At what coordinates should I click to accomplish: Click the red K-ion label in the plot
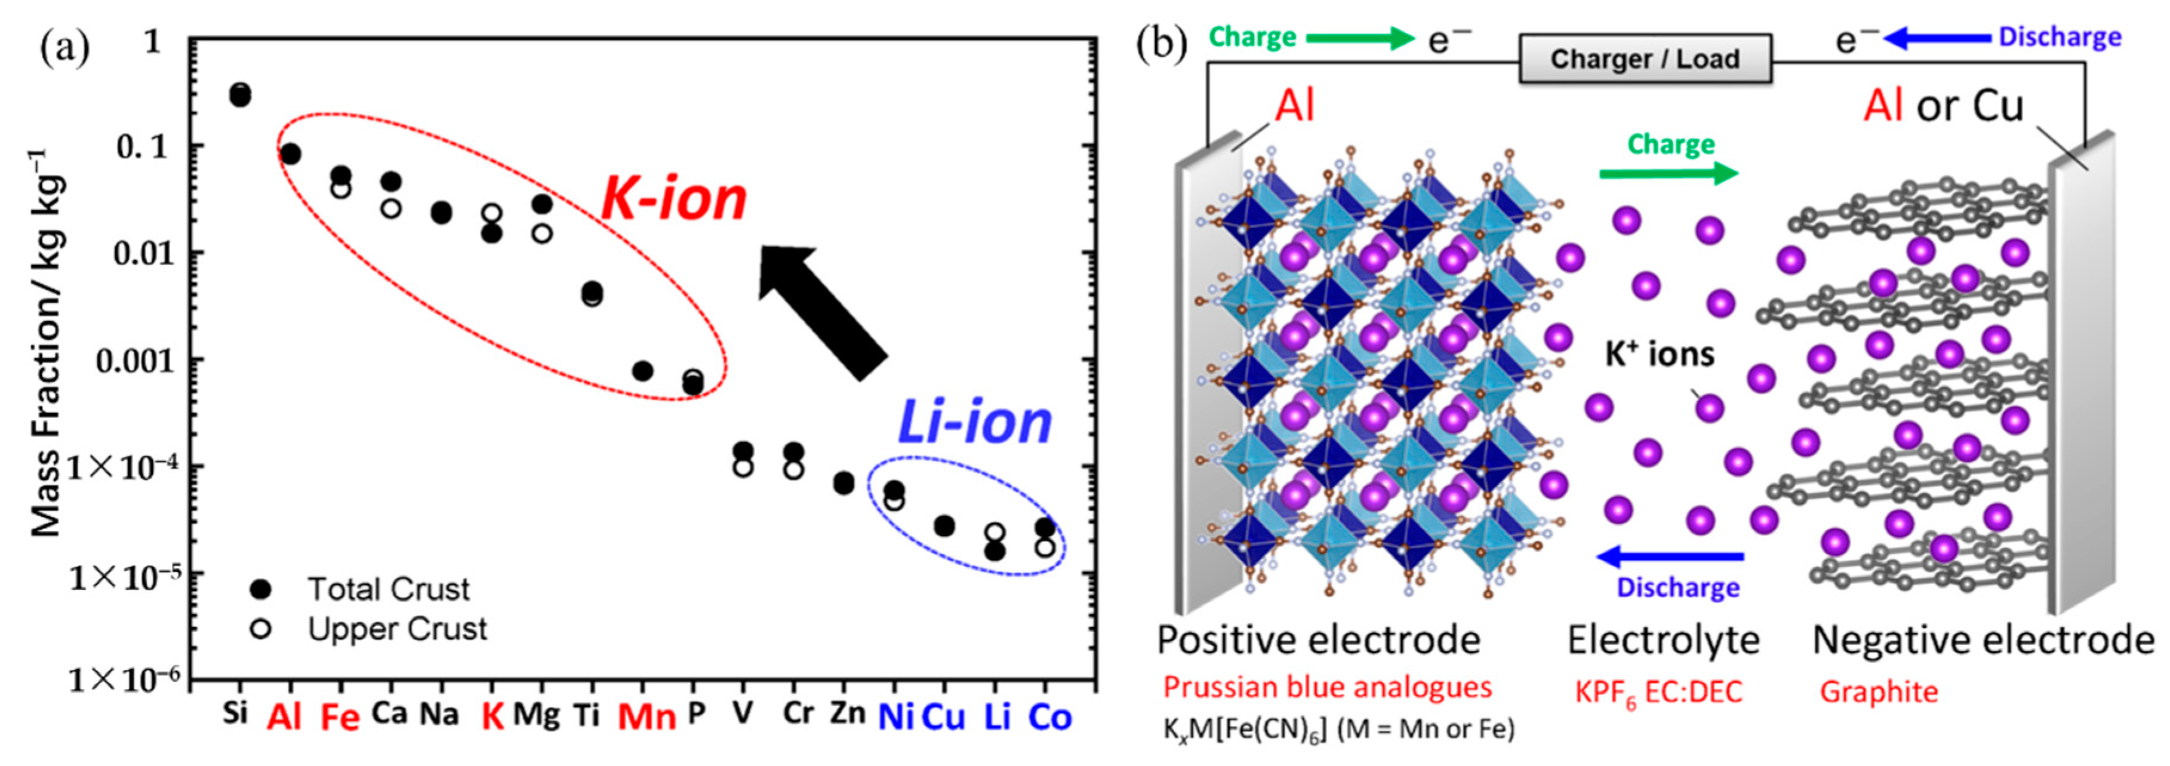[674, 200]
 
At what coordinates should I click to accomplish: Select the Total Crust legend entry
[387, 589]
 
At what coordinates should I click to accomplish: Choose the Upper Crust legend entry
[396, 629]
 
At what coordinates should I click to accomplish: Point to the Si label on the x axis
[235, 713]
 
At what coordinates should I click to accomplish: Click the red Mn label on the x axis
[646, 717]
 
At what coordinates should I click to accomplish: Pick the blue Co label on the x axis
[1049, 717]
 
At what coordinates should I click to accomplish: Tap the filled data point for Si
[240, 96]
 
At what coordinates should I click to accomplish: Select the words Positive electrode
[1318, 641]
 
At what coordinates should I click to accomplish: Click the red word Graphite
[1879, 692]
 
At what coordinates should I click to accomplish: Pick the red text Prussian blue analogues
[1326, 688]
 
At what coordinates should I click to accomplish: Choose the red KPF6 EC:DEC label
[1658, 693]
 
